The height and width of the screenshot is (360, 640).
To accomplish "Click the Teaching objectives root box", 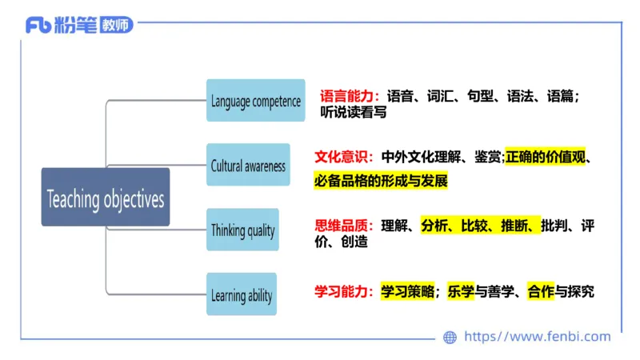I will pos(106,198).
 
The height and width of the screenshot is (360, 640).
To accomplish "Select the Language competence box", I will pos(255,101).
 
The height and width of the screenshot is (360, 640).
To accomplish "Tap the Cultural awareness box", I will pos(247,166).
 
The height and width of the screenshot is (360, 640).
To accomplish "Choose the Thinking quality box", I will pos(242,230).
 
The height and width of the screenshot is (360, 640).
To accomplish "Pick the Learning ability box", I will pos(242,295).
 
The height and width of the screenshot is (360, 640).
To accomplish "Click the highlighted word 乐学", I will pos(461,292).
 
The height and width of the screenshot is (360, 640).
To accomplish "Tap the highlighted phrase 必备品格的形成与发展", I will pos(380,181).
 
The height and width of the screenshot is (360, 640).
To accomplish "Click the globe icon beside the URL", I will pos(450,337).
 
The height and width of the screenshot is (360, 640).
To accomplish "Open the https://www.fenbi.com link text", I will pos(537,337).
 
